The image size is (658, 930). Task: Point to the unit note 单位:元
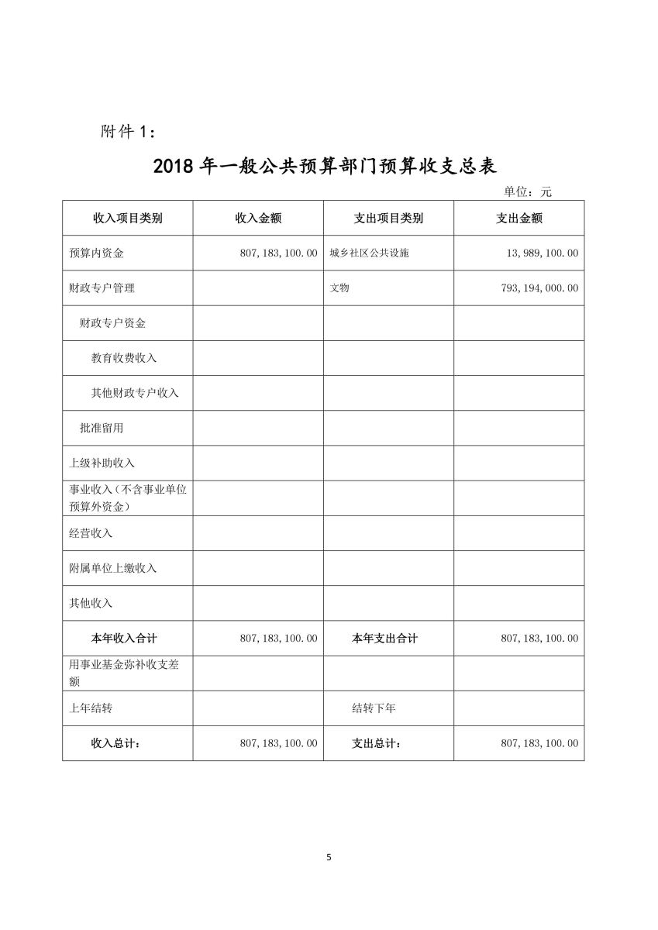528,191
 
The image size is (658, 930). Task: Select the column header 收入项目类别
128,219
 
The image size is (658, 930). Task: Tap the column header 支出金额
519,219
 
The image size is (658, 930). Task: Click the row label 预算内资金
96,253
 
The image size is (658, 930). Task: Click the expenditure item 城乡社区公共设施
369,253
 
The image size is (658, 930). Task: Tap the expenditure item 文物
339,288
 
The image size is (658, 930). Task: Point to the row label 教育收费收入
124,358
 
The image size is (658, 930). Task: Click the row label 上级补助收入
102,463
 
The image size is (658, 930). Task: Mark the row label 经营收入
91,533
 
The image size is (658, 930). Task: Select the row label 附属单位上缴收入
113,568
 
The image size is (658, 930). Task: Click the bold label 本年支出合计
384,639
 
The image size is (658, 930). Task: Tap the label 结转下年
374,708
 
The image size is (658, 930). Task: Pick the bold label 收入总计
115,743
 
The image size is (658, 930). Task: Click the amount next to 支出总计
539,743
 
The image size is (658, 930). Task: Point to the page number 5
329,857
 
